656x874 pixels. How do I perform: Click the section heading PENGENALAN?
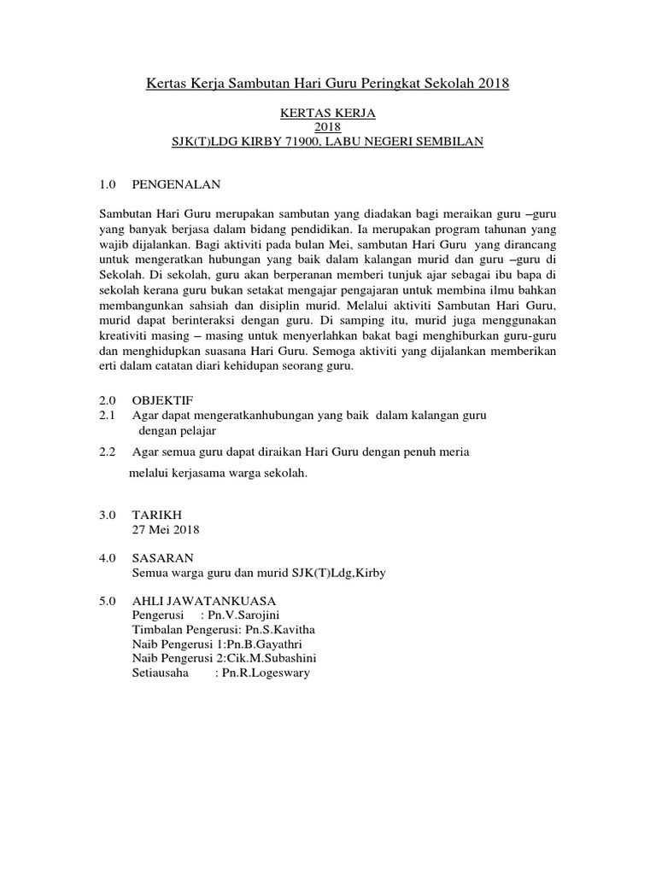pyautogui.click(x=176, y=184)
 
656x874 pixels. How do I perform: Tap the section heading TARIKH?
pyautogui.click(x=156, y=515)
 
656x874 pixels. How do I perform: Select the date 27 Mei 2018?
pyautogui.click(x=166, y=529)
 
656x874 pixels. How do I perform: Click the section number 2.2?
pyautogui.click(x=108, y=452)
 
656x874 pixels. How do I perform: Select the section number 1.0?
pyautogui.click(x=108, y=184)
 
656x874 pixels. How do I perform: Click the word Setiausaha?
pyautogui.click(x=161, y=673)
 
